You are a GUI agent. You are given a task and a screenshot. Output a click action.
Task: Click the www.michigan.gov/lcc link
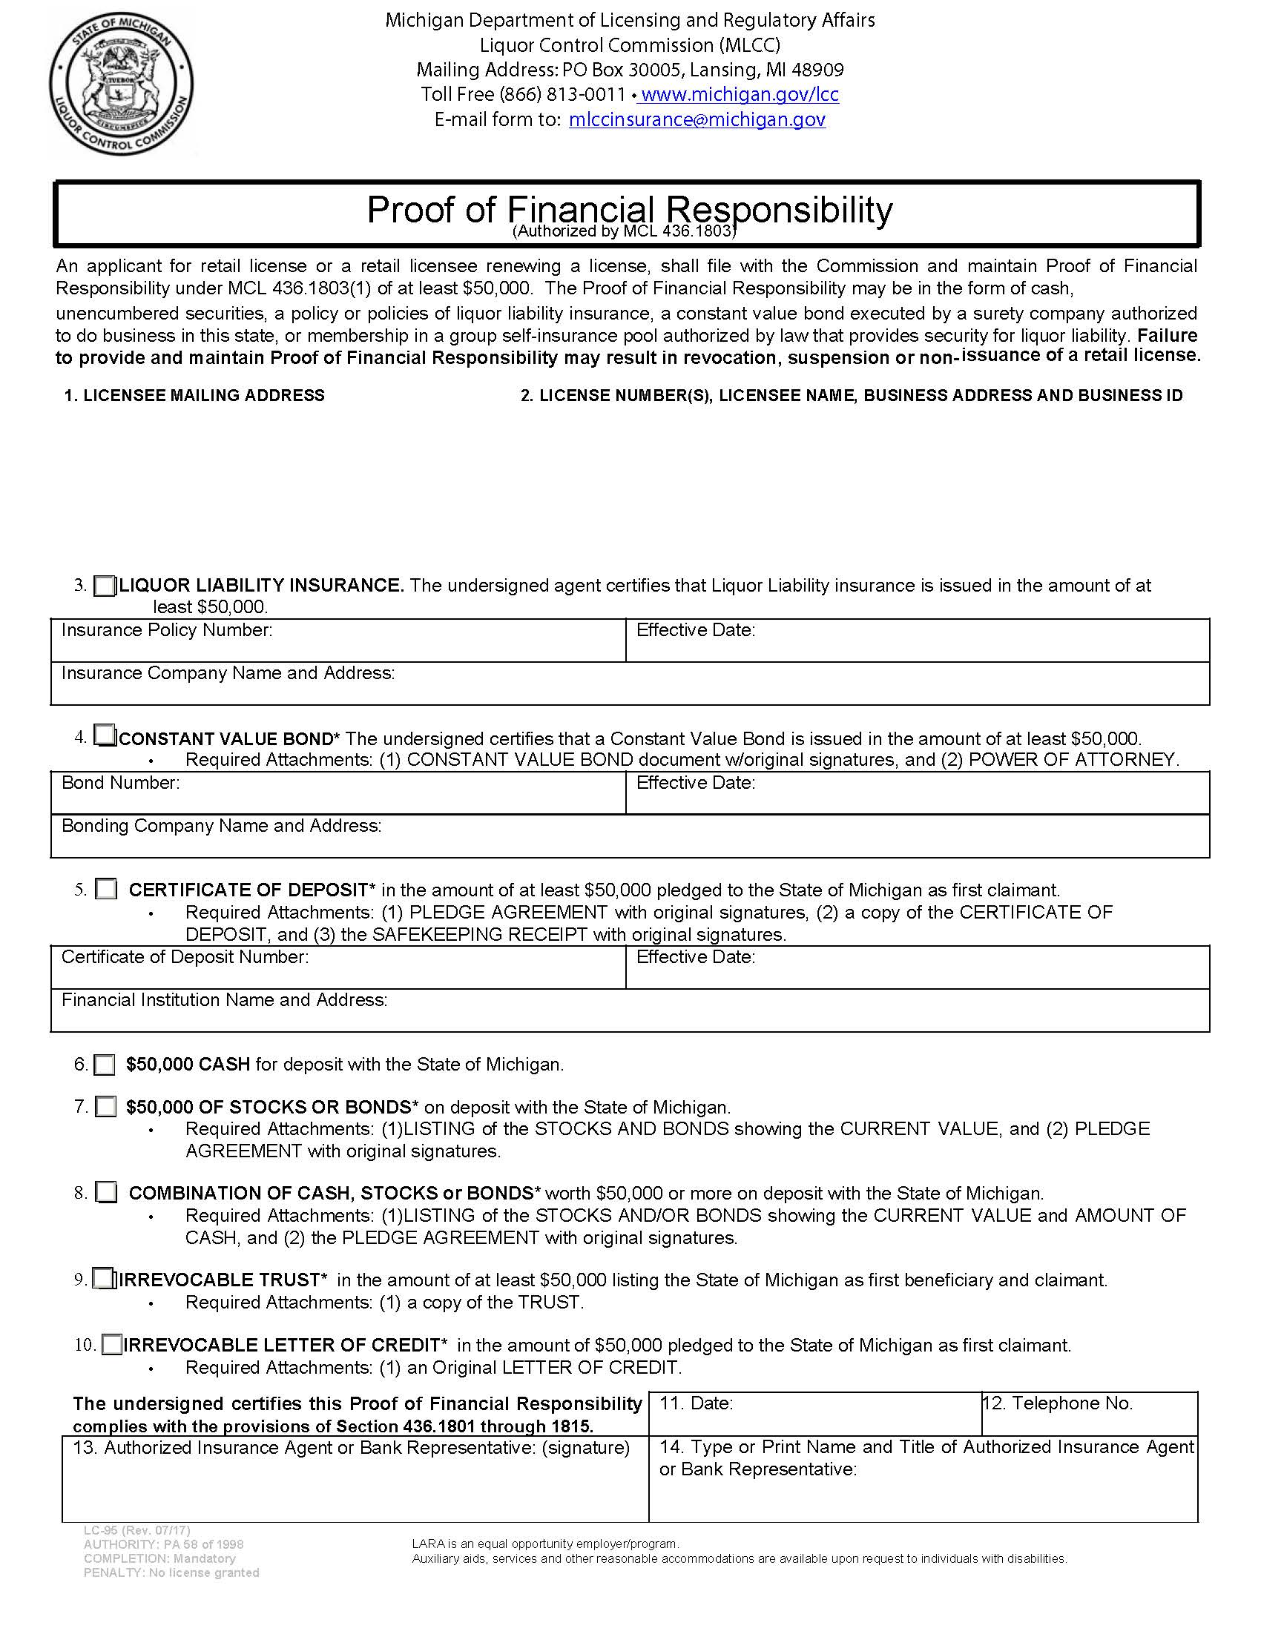pyautogui.click(x=740, y=94)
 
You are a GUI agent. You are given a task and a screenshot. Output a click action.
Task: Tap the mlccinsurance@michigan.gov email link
pyautogui.click(x=697, y=119)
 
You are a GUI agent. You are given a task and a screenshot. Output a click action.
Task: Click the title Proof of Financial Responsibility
pyautogui.click(x=629, y=210)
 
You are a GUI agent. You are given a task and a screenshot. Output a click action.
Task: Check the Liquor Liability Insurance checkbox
pyautogui.click(x=105, y=586)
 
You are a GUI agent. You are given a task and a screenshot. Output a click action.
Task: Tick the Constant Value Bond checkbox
pyautogui.click(x=105, y=737)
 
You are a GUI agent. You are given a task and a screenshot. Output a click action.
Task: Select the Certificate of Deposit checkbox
pyautogui.click(x=106, y=890)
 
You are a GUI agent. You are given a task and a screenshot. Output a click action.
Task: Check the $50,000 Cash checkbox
pyautogui.click(x=105, y=1064)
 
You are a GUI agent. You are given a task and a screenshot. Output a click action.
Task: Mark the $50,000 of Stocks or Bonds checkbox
pyautogui.click(x=106, y=1107)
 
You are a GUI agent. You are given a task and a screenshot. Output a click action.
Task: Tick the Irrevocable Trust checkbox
pyautogui.click(x=103, y=1280)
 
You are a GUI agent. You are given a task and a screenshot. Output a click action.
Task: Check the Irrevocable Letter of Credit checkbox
pyautogui.click(x=111, y=1345)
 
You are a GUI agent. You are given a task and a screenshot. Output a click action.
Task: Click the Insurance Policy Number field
pyautogui.click(x=338, y=646)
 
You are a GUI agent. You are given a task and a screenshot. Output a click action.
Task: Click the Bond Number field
pyautogui.click(x=338, y=799)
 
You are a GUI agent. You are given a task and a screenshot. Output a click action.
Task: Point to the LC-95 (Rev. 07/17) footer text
pyautogui.click(x=136, y=1530)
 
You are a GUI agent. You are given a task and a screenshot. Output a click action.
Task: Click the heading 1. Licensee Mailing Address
pyautogui.click(x=194, y=396)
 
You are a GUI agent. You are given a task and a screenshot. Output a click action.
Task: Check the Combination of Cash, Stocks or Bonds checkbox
pyautogui.click(x=106, y=1193)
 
